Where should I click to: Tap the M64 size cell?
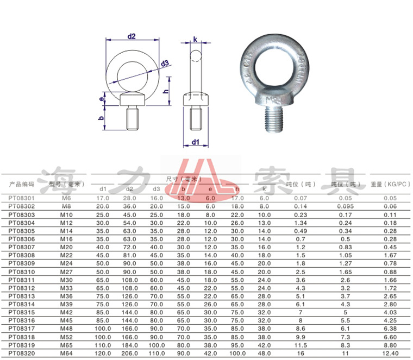click(66, 353)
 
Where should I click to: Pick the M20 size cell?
click(66, 247)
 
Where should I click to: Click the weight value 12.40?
click(390, 353)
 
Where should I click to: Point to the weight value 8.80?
click(390, 345)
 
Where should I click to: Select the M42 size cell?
click(66, 312)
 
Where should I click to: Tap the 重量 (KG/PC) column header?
click(390, 185)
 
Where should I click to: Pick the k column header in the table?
click(264, 190)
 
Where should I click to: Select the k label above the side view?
click(195, 39)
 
